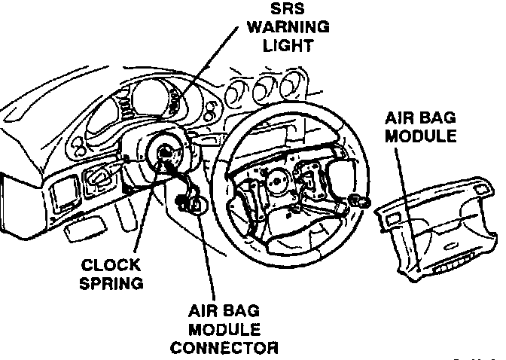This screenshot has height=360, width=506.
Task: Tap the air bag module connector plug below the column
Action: point(190,202)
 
